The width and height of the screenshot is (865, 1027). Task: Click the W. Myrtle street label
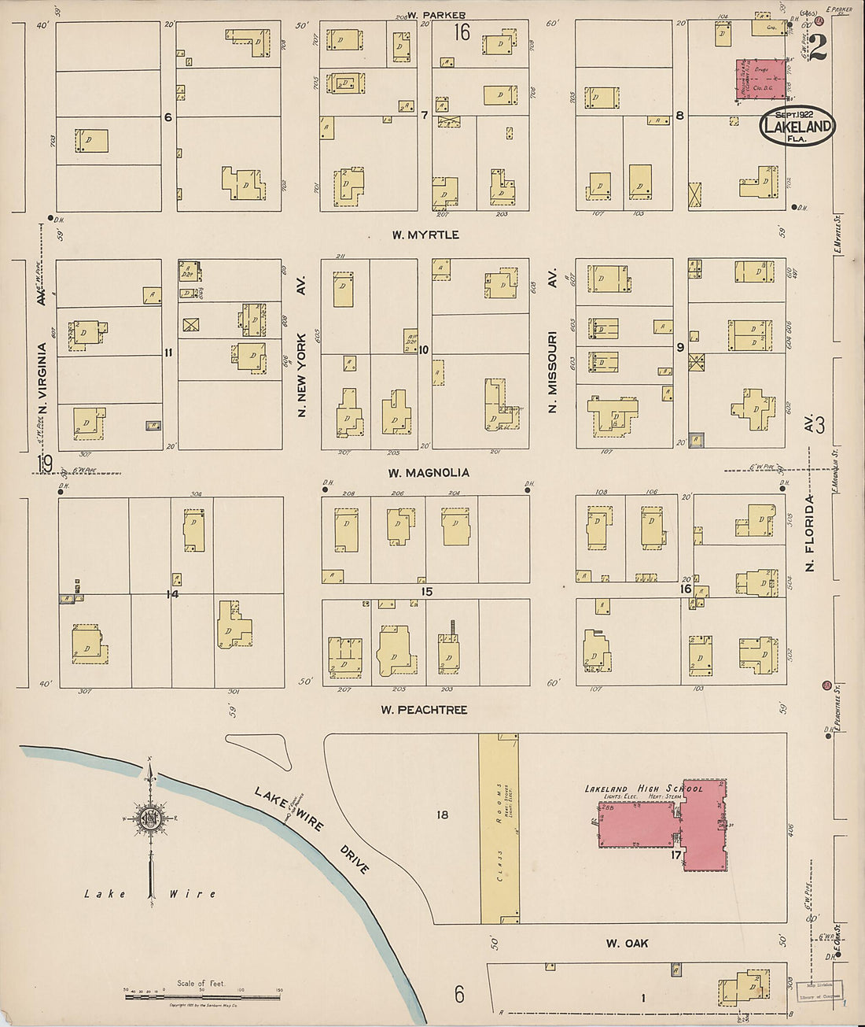click(425, 235)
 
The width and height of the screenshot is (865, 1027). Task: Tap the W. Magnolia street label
click(429, 473)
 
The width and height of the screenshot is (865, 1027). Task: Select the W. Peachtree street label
click(424, 710)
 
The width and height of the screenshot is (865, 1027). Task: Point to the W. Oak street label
click(627, 943)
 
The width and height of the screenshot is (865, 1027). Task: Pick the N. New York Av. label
click(301, 346)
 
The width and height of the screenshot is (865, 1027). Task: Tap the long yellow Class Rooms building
click(499, 829)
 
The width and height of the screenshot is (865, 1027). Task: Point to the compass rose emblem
click(148, 818)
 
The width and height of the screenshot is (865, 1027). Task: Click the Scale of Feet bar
click(202, 997)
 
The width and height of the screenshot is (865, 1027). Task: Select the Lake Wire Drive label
click(312, 830)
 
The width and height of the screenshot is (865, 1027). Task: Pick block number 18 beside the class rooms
click(442, 815)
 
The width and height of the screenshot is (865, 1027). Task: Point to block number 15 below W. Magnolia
click(426, 592)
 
